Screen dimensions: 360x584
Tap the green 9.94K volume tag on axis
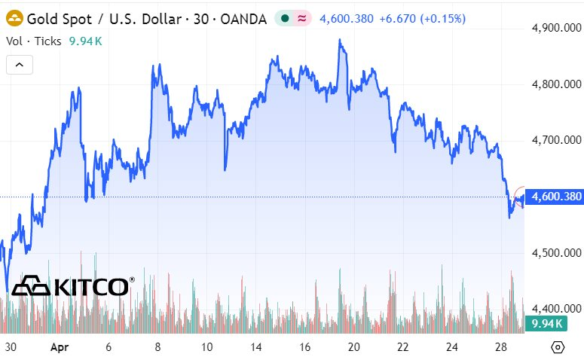(x=547, y=324)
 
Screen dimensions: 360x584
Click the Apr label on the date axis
(x=59, y=347)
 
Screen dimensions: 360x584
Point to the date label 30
(x=10, y=347)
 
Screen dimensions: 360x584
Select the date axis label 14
(x=258, y=347)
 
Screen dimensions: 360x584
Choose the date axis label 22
(x=403, y=347)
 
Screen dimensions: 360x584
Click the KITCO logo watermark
(x=72, y=286)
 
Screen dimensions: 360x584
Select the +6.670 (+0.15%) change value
(x=422, y=18)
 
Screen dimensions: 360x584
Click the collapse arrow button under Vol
(x=20, y=66)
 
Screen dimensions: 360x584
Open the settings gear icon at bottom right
(x=558, y=347)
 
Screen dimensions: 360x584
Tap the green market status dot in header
(x=286, y=18)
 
